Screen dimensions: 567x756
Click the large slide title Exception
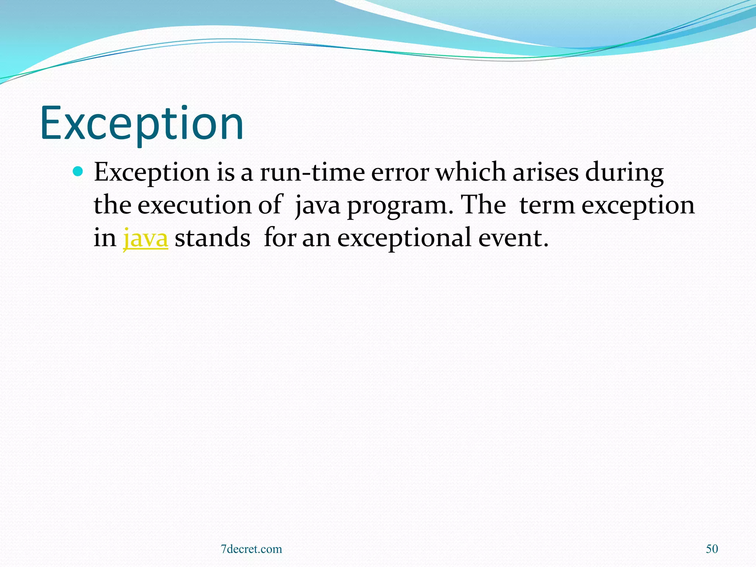click(x=142, y=124)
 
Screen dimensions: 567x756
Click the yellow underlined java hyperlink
click(x=145, y=238)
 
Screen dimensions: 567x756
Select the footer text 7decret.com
click(x=251, y=549)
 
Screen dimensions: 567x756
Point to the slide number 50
click(x=712, y=549)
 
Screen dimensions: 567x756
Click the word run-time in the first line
click(x=312, y=172)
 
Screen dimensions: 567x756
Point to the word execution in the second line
click(x=194, y=205)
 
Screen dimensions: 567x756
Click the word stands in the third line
click(x=212, y=238)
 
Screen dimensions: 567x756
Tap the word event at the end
click(x=513, y=238)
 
